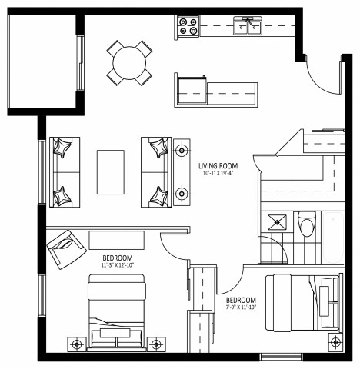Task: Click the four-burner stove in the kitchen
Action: tap(188, 27)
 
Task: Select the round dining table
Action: tap(129, 61)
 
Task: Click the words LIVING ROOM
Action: tap(217, 166)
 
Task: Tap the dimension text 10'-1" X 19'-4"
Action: tap(217, 175)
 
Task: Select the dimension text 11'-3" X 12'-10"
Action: tap(118, 265)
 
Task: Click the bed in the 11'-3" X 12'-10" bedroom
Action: tap(117, 311)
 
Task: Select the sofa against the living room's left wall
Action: tap(64, 173)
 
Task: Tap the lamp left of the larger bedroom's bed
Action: tap(76, 344)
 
